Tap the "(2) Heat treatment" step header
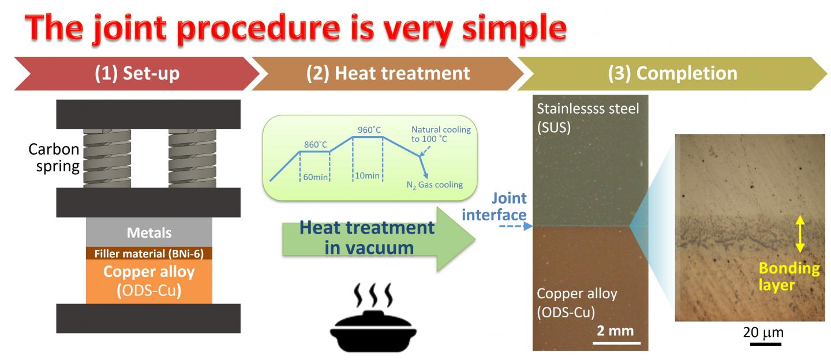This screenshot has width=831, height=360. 388,73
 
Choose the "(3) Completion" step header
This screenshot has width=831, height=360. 673,73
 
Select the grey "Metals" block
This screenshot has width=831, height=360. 149,233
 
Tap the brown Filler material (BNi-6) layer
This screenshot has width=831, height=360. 149,253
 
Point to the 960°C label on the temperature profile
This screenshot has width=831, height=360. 369,130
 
